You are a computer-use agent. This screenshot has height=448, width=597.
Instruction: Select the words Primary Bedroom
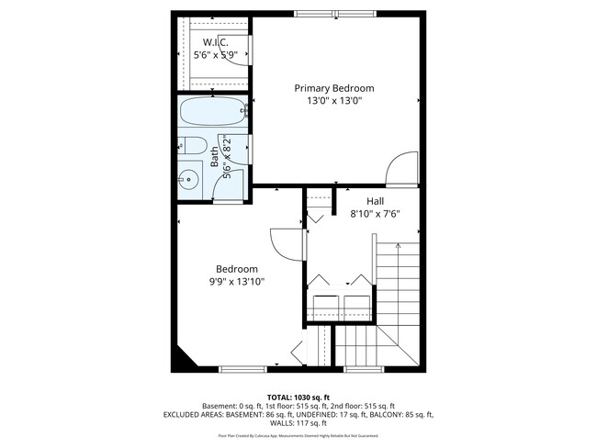(x=334, y=88)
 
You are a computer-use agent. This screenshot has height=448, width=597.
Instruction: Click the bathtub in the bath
(x=212, y=113)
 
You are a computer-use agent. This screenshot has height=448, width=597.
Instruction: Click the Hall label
(x=375, y=201)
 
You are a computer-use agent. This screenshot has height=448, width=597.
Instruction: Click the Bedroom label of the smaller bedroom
(x=237, y=269)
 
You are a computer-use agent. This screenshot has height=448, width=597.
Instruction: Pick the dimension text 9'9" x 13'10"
(x=237, y=282)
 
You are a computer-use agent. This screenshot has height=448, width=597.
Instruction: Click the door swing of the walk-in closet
(x=241, y=50)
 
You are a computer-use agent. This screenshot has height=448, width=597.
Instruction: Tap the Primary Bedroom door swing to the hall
(x=402, y=168)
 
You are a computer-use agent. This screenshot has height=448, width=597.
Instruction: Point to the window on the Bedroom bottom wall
(x=242, y=369)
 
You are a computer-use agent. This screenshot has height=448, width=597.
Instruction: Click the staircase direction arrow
(x=397, y=246)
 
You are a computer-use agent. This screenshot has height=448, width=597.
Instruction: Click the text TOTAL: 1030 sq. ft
(x=298, y=397)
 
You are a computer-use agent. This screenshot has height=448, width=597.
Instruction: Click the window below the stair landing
(x=359, y=369)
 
